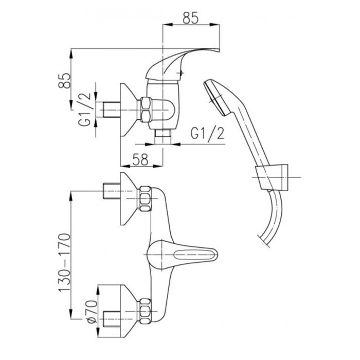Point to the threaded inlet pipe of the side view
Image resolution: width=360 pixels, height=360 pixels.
coord(111,110)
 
